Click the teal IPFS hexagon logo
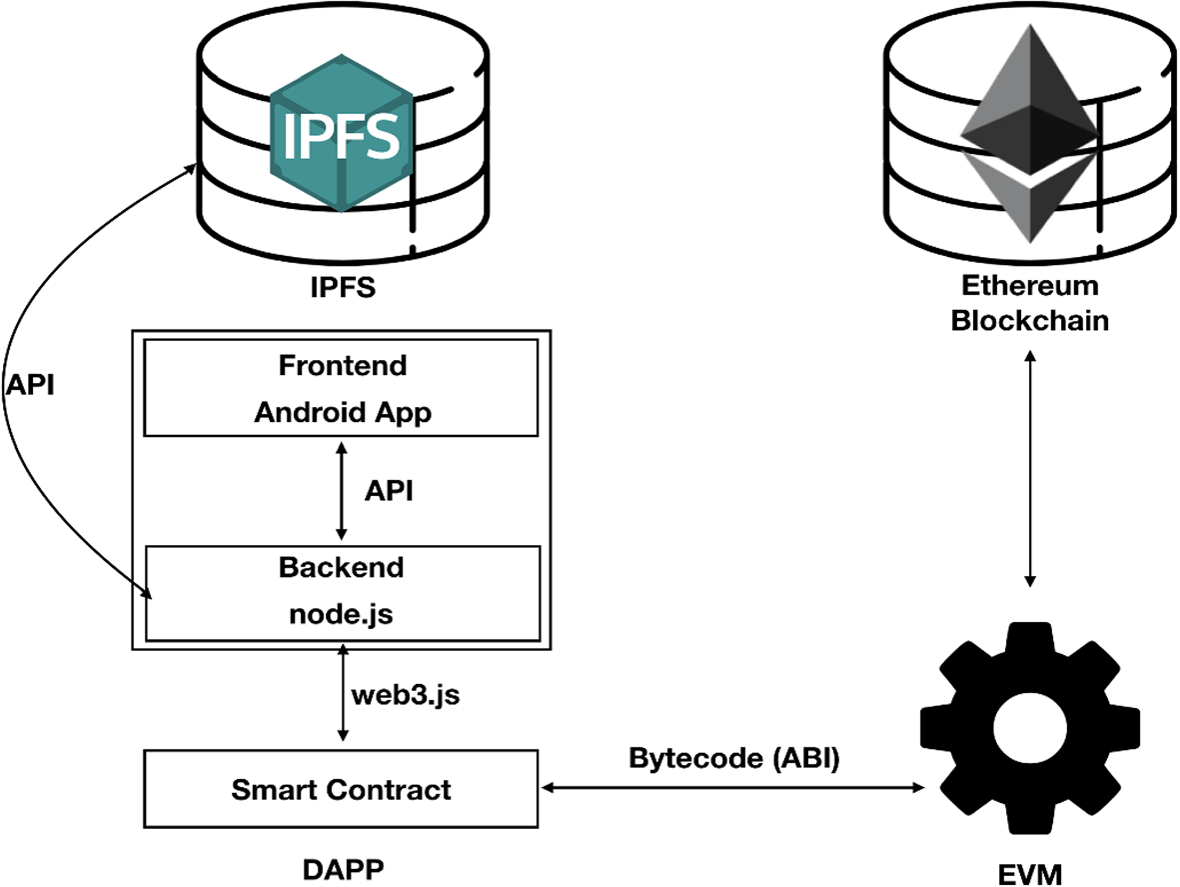pos(342,136)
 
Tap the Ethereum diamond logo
pos(1029,130)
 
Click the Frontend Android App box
pos(342,388)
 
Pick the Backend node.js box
pos(342,592)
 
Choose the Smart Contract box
pos(342,790)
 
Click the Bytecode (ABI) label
pos(734,758)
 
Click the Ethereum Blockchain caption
pos(1029,303)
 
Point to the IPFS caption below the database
pos(342,289)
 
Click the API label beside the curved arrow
pos(31,386)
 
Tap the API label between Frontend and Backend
pos(389,491)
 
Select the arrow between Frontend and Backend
pos(343,491)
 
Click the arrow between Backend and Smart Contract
pos(343,693)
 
